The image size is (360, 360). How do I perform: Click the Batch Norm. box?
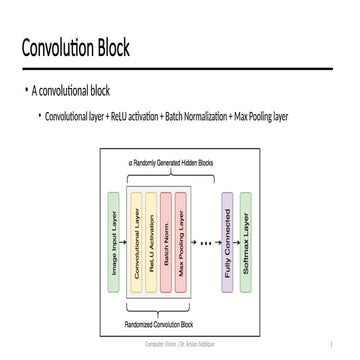click(166, 242)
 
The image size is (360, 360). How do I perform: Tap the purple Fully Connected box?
click(228, 242)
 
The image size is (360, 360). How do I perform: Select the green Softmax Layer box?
click(247, 242)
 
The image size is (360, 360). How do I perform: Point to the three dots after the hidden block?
click(207, 242)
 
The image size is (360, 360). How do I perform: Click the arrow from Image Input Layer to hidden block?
click(125, 242)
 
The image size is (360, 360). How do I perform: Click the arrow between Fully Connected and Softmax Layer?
click(237, 242)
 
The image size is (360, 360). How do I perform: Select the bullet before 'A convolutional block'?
click(27, 91)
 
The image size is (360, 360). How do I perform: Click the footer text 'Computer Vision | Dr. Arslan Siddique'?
click(180, 344)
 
